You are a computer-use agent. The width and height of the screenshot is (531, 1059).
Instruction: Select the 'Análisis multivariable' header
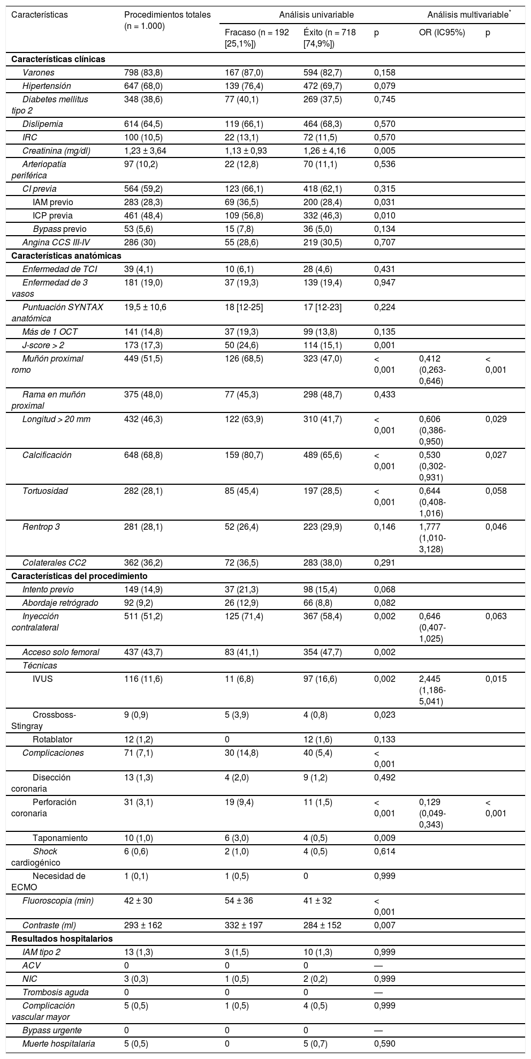468,15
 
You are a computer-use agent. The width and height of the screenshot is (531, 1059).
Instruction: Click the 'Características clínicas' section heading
58,59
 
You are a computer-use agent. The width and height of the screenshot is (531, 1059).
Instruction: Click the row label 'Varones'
39,73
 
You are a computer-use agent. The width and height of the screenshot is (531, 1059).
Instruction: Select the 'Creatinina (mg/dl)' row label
56,151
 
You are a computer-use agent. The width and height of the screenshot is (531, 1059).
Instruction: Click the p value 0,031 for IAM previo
384,202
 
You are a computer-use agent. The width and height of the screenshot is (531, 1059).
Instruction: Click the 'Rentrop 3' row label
41,527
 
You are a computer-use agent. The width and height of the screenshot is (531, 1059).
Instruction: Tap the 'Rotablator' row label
52,740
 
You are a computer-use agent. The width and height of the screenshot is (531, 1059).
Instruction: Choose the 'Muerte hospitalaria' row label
58,1043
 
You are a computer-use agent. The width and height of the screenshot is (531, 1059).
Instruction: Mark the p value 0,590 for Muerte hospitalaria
384,1043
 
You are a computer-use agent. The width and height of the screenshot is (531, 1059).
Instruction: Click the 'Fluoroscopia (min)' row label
58,900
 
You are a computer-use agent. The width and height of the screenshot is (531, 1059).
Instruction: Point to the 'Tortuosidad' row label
45,491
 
